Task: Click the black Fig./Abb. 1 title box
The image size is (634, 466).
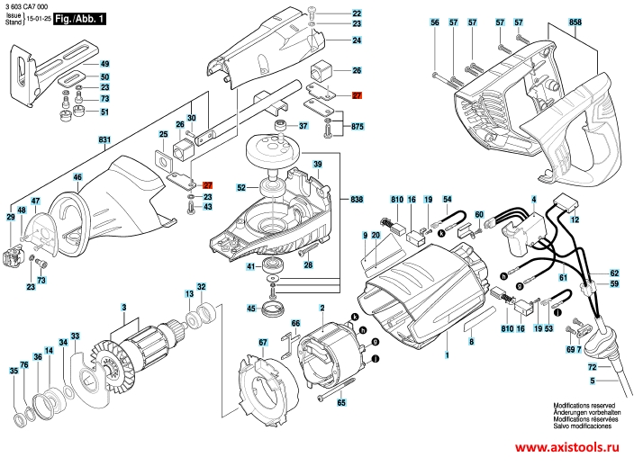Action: click(x=78, y=18)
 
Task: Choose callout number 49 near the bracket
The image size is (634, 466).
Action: click(x=104, y=65)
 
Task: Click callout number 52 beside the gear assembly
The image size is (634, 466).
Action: click(x=241, y=188)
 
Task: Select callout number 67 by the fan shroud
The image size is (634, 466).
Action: click(x=263, y=342)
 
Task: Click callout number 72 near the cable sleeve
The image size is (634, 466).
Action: click(x=592, y=369)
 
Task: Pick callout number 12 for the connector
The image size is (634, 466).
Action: click(x=575, y=220)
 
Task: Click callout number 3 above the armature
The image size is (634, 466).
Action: click(x=123, y=309)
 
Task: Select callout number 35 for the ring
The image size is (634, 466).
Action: click(x=14, y=371)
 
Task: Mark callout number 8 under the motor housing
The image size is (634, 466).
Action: click(x=470, y=330)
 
